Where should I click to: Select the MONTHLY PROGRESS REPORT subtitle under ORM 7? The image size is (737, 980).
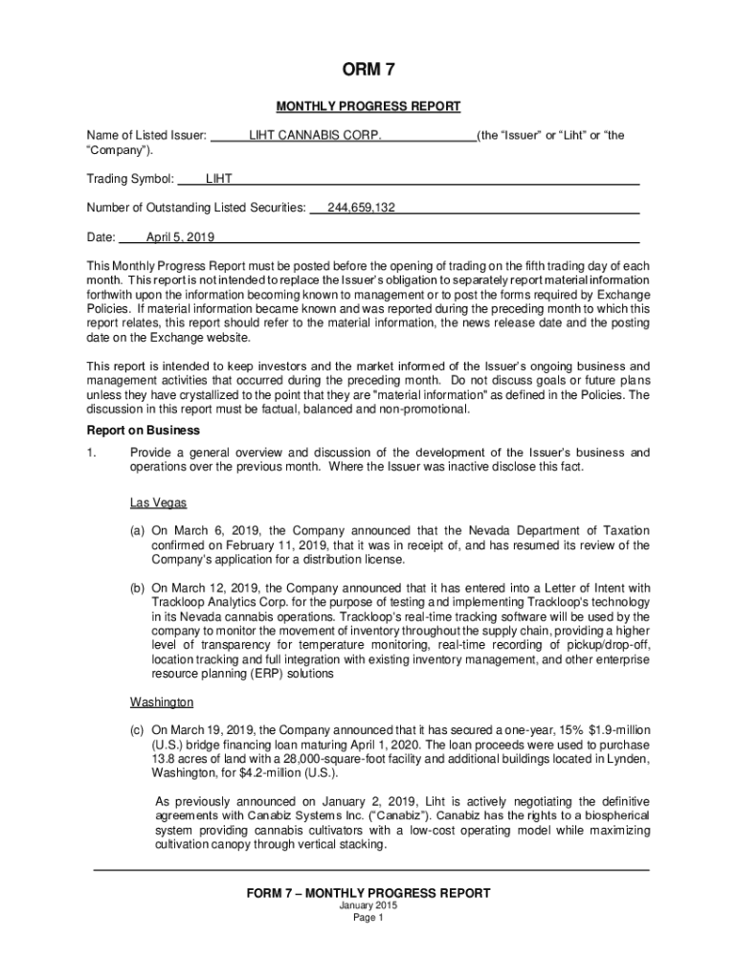(x=368, y=106)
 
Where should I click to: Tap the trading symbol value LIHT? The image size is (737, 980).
(x=219, y=179)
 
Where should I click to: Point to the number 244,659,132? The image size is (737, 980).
(x=361, y=208)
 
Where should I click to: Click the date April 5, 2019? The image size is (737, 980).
(x=180, y=236)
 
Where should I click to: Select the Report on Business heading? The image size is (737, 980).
(x=144, y=431)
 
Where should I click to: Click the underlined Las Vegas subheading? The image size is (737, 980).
(x=158, y=502)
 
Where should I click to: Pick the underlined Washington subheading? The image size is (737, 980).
(x=162, y=702)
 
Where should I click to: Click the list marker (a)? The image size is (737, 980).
(x=139, y=531)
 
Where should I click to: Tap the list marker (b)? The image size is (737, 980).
(x=139, y=588)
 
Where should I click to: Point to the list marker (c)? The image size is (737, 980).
(x=139, y=730)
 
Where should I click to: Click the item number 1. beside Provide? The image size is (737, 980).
(x=93, y=453)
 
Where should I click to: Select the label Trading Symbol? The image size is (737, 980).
(x=130, y=179)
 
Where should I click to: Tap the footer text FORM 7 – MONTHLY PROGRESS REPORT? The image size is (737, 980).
(x=368, y=893)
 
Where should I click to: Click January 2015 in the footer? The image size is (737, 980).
(x=368, y=905)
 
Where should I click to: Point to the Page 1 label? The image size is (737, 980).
(x=368, y=918)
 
